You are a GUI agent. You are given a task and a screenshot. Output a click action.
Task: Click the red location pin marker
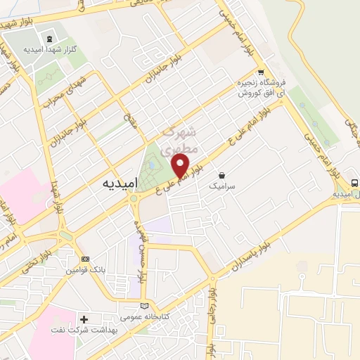tap(181, 167)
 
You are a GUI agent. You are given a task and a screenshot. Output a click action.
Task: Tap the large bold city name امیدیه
tap(112, 183)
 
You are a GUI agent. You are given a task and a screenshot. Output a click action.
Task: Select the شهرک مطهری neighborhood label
tap(180, 139)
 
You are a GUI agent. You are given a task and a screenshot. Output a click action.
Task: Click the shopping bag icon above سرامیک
tap(222, 175)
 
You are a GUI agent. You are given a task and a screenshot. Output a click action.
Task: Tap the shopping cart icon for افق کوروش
tap(261, 72)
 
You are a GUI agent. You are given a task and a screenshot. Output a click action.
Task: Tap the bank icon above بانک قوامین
tap(86, 259)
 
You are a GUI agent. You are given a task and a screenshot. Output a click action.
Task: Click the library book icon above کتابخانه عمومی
tap(145, 307)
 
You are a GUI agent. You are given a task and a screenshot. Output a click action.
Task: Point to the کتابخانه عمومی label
tap(141, 318)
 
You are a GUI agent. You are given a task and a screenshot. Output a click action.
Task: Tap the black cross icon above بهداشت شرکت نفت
tap(84, 320)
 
